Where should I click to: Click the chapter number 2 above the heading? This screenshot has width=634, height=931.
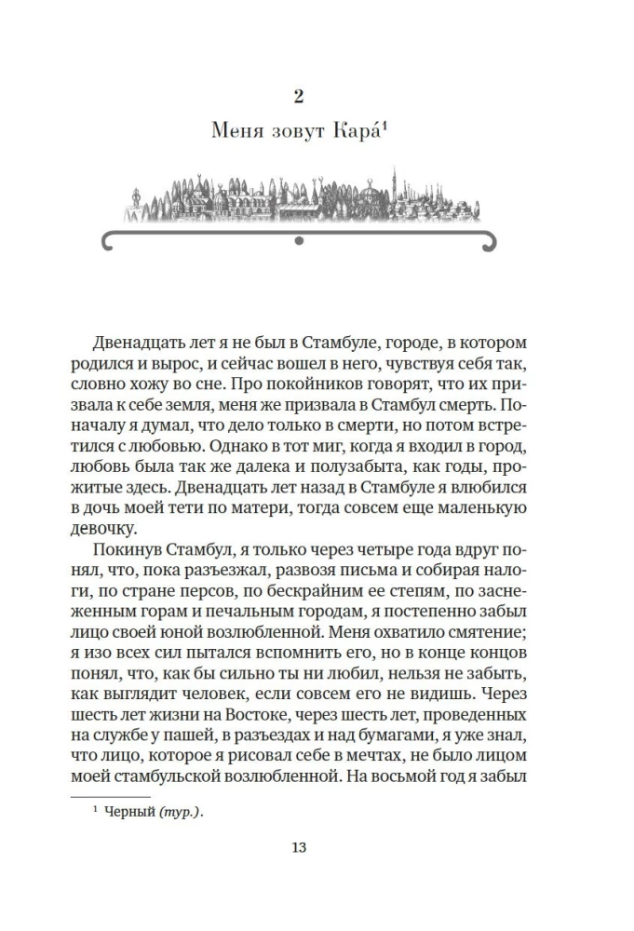298,95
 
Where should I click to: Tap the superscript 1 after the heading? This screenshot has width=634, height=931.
383,128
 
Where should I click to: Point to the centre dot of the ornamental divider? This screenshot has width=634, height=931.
298,243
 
